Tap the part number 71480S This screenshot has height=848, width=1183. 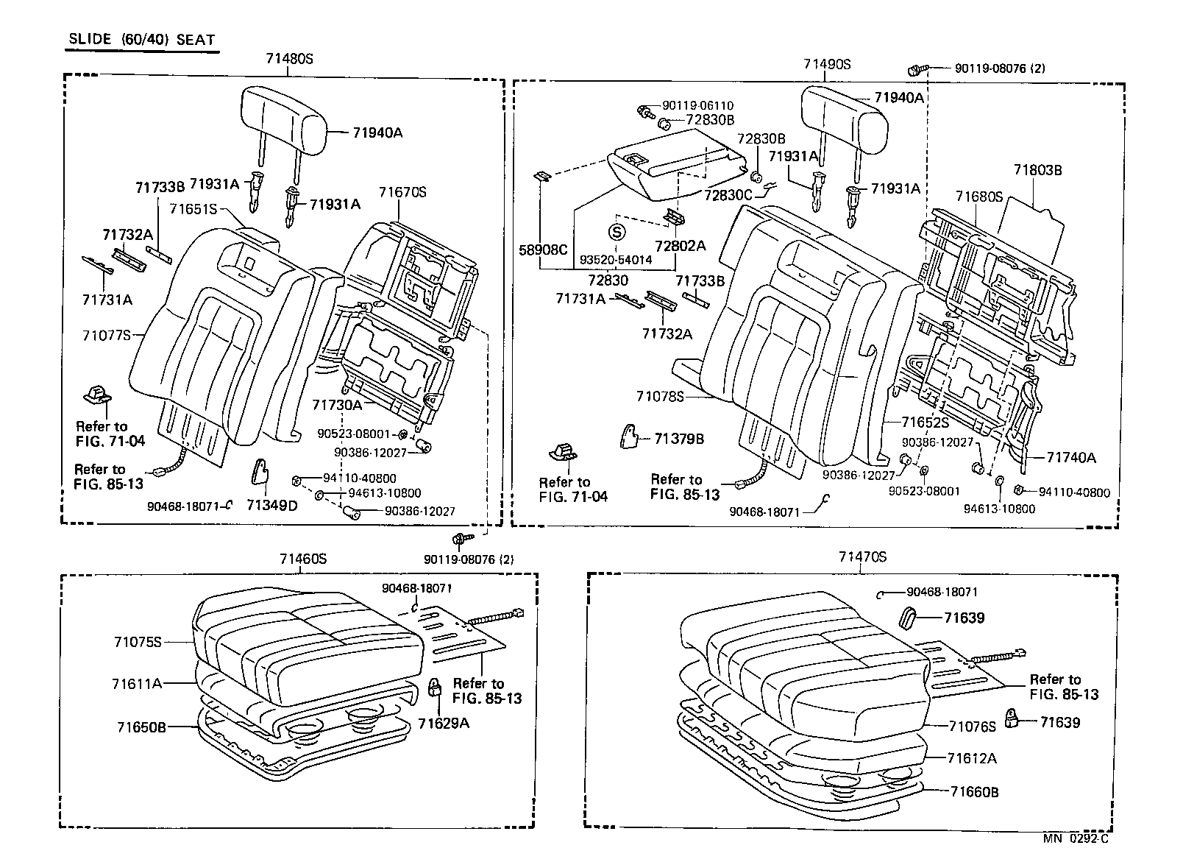coord(289,60)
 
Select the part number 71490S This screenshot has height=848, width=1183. coord(827,65)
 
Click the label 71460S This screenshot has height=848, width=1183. coord(303,559)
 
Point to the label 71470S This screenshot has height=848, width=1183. coord(862,557)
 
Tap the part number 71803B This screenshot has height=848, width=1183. coord(1037,170)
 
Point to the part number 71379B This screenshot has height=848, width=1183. coord(679,439)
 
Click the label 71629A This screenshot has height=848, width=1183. coord(444,723)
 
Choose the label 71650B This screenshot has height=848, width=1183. coord(141,727)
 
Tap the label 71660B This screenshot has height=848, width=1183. coord(974,792)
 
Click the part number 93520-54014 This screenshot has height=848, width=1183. coord(616,260)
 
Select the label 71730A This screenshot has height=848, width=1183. coord(337,405)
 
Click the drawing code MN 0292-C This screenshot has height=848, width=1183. coord(1076,838)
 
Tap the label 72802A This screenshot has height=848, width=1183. coord(681,245)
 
